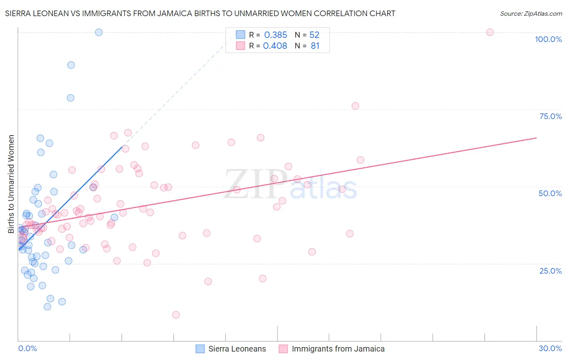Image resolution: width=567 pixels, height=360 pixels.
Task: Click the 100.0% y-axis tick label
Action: [x=548, y=39]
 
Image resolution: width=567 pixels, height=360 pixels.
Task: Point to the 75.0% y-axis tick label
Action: [x=550, y=116]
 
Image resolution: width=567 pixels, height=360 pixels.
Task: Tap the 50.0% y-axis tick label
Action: [x=550, y=193]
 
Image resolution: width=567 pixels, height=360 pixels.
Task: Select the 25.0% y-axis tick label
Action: [x=550, y=270]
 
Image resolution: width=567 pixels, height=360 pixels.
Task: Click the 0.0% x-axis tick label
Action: [x=27, y=348]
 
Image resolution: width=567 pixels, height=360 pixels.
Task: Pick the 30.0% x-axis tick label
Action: [x=550, y=348]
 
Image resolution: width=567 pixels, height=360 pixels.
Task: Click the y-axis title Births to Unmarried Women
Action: [x=11, y=184]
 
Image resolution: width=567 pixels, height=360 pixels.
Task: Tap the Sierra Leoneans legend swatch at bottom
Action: [x=200, y=349]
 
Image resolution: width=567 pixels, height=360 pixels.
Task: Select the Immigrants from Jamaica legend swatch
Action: [x=283, y=349]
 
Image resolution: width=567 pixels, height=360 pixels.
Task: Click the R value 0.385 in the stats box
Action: [x=275, y=35]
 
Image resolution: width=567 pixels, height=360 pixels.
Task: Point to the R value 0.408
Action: [x=275, y=46]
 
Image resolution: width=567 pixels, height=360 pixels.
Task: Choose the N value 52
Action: [x=314, y=35]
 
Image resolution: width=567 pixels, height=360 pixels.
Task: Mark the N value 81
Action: [x=315, y=46]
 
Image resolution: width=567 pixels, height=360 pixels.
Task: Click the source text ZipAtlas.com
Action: [x=531, y=13]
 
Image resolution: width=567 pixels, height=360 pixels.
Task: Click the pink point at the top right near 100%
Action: [x=490, y=32]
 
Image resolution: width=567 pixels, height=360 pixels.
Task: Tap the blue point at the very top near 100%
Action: [x=99, y=32]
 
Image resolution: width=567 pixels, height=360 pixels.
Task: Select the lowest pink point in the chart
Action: [x=176, y=315]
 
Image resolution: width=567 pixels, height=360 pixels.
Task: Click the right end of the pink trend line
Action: [x=536, y=138]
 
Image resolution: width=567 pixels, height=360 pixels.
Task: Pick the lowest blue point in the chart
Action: [x=47, y=307]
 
